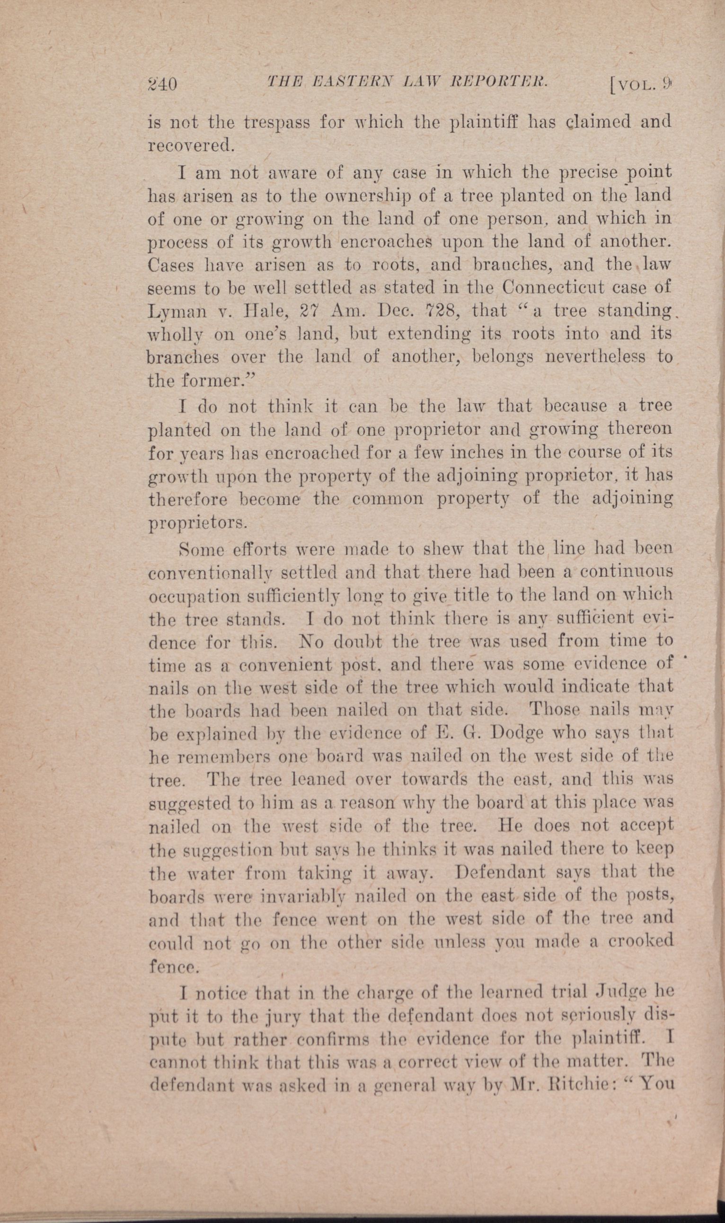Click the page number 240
(162, 84)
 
